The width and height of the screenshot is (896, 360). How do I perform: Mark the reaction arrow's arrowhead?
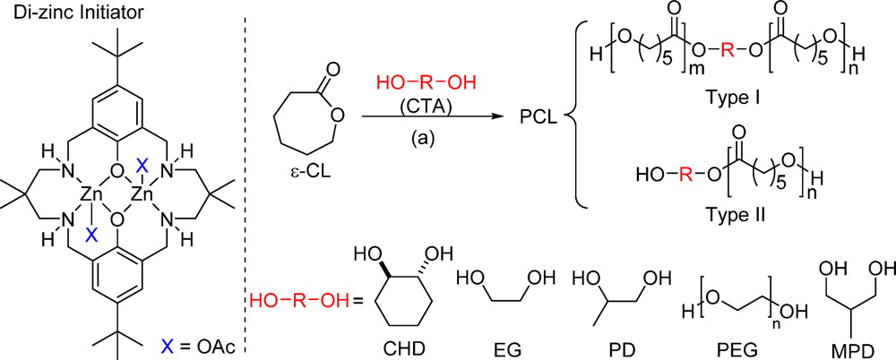(501, 119)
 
